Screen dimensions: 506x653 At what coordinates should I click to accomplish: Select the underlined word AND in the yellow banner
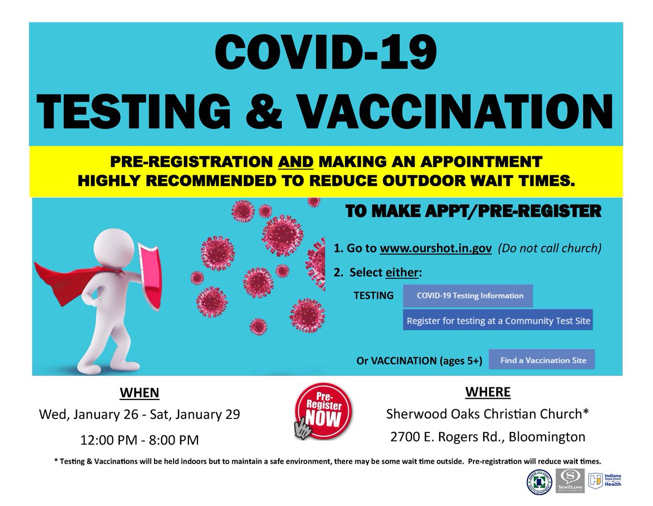tap(294, 162)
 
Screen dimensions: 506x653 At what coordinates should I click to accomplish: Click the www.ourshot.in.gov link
tap(436, 248)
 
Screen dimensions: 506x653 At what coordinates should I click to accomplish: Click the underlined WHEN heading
tap(139, 393)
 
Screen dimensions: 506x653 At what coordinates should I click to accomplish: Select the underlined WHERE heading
tap(488, 392)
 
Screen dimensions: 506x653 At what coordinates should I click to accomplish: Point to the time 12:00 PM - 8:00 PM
tap(139, 438)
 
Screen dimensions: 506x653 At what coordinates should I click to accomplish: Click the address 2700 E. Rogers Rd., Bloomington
tap(488, 436)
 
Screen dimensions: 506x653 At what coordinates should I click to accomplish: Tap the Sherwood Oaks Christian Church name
tap(488, 414)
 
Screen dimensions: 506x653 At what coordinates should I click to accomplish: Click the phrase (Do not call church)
tap(551, 248)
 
